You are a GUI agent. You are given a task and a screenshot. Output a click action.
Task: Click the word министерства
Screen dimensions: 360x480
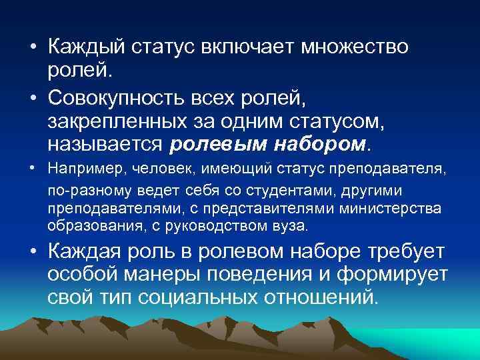click(389, 209)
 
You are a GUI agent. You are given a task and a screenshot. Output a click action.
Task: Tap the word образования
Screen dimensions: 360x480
click(84, 226)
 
